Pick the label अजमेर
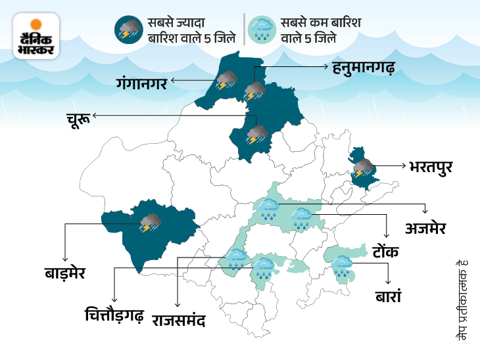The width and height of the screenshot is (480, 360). pyautogui.click(x=425, y=228)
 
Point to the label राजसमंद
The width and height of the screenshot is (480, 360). pyautogui.click(x=179, y=321)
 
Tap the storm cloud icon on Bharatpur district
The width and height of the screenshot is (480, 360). pyautogui.click(x=362, y=169)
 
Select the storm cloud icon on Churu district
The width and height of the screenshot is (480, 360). pyautogui.click(x=256, y=135)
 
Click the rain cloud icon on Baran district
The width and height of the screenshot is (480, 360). pyautogui.click(x=342, y=267)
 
